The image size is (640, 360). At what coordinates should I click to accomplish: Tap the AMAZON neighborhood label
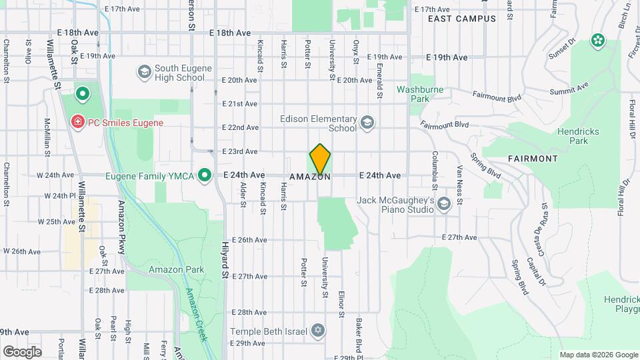pyautogui.click(x=310, y=177)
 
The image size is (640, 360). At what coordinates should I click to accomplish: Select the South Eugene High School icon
pyautogui.click(x=143, y=71)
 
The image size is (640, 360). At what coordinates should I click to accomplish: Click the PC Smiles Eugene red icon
pyautogui.click(x=77, y=122)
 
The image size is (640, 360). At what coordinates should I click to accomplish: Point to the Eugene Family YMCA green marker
pyautogui.click(x=205, y=175)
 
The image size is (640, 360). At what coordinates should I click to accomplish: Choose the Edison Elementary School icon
pyautogui.click(x=367, y=122)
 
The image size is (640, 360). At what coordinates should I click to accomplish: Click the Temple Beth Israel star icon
pyautogui.click(x=319, y=331)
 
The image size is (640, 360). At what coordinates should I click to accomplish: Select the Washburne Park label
pyautogui.click(x=420, y=93)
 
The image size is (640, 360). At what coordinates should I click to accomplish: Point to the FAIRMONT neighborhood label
pyautogui.click(x=533, y=159)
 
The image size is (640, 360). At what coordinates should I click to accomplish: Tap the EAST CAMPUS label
pyautogui.click(x=462, y=19)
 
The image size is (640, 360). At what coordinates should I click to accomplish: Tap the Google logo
pyautogui.click(x=22, y=351)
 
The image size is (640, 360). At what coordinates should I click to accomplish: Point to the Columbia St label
pyautogui.click(x=434, y=167)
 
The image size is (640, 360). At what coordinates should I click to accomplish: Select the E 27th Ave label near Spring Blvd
pyautogui.click(x=459, y=237)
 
